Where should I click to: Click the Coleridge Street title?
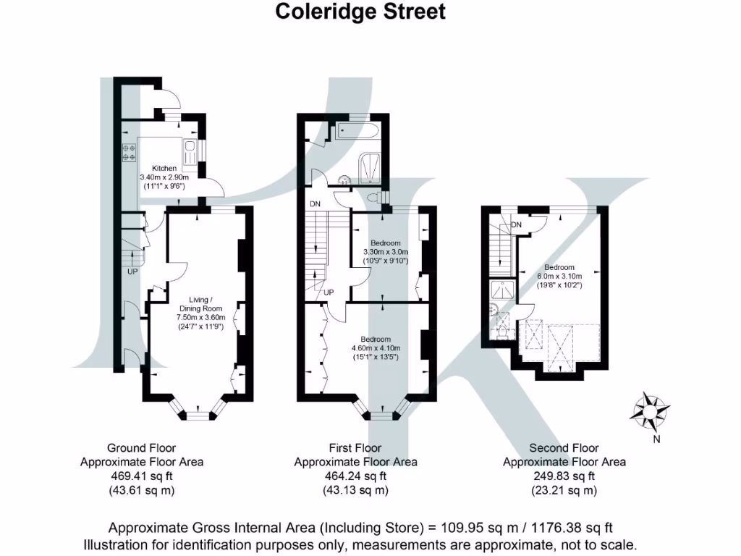360,12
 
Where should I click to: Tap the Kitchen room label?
164,168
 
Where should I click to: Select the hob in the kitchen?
131,153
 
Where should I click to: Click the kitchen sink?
190,153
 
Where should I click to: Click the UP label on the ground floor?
132,272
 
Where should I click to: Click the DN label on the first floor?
315,204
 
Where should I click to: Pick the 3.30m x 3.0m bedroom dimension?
386,252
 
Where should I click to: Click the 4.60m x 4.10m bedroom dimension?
375,348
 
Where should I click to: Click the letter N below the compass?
656,439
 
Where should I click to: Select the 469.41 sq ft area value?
142,476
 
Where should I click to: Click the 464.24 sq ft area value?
355,476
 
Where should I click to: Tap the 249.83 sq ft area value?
564,476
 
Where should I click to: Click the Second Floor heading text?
564,448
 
